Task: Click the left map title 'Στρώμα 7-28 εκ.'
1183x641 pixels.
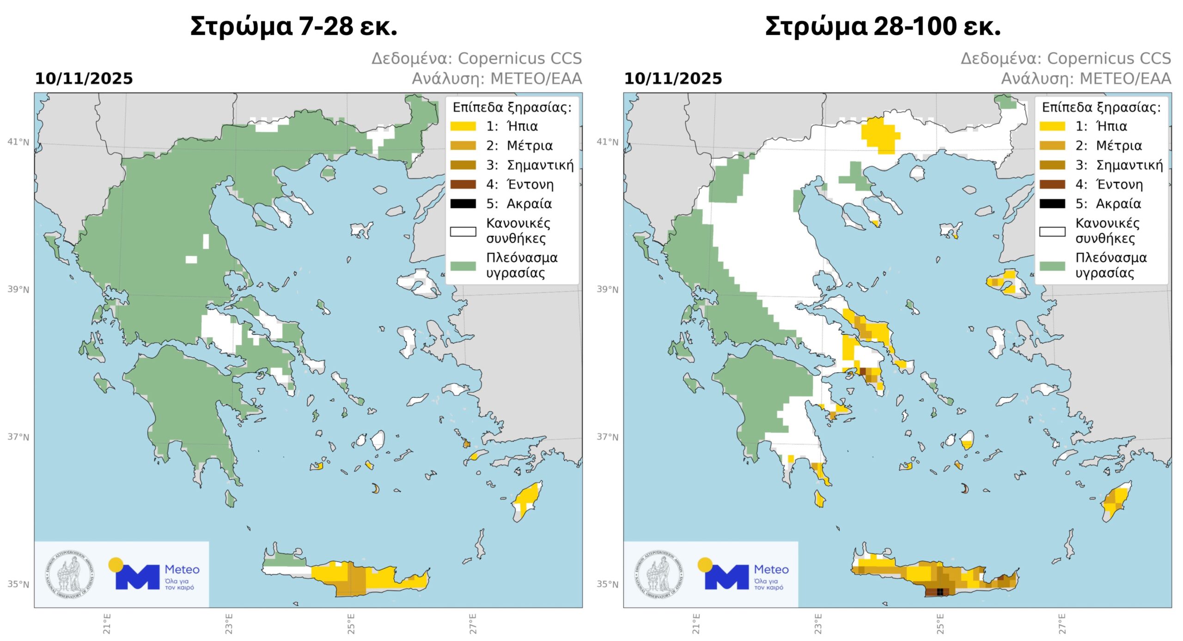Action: click(x=293, y=26)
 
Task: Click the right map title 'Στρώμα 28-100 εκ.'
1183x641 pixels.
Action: click(x=883, y=26)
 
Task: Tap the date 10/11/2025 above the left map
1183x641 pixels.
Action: click(x=84, y=79)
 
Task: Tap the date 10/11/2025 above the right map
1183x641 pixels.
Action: click(x=673, y=79)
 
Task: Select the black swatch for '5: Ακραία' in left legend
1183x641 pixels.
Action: click(x=463, y=204)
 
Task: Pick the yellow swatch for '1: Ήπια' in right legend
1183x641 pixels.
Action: click(x=1052, y=126)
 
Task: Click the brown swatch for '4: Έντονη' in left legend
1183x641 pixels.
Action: click(x=463, y=185)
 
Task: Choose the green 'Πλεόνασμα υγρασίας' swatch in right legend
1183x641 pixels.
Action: click(x=1052, y=265)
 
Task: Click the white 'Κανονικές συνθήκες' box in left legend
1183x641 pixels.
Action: click(x=463, y=232)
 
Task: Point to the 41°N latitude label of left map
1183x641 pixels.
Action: click(x=18, y=142)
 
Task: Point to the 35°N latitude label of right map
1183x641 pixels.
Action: click(x=607, y=584)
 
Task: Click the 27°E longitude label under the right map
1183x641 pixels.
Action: click(x=1062, y=623)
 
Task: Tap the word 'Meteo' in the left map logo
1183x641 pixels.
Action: click(x=182, y=569)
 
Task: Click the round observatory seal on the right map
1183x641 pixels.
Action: click(x=659, y=575)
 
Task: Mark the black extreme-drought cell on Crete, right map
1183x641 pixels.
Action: click(x=939, y=592)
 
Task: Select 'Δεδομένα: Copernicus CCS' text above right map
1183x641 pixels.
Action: click(x=1066, y=58)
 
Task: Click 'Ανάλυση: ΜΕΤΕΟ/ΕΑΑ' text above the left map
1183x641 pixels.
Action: click(x=497, y=79)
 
